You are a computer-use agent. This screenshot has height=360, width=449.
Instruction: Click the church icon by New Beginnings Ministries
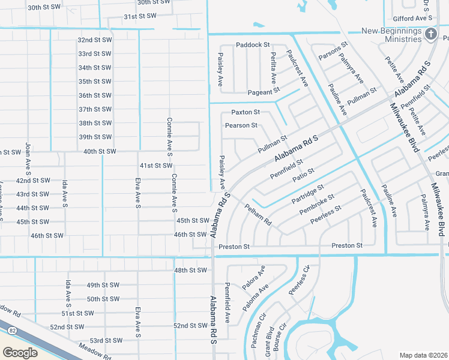[x=430, y=34]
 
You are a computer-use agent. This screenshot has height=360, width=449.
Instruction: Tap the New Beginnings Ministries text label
[x=392, y=35]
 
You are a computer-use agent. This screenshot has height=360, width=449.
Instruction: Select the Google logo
[x=20, y=352]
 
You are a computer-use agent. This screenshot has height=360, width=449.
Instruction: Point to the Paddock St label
[x=253, y=45]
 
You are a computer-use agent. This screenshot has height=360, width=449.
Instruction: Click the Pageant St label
[x=264, y=92]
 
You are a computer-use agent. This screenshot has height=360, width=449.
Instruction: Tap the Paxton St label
[x=246, y=112]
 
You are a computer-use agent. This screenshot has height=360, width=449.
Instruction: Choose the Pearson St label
[x=241, y=125]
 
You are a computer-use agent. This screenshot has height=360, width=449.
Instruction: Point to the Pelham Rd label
[x=258, y=214]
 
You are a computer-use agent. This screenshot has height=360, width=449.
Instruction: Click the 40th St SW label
[x=100, y=151]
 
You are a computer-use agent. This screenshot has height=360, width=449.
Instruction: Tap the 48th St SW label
[x=190, y=271]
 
